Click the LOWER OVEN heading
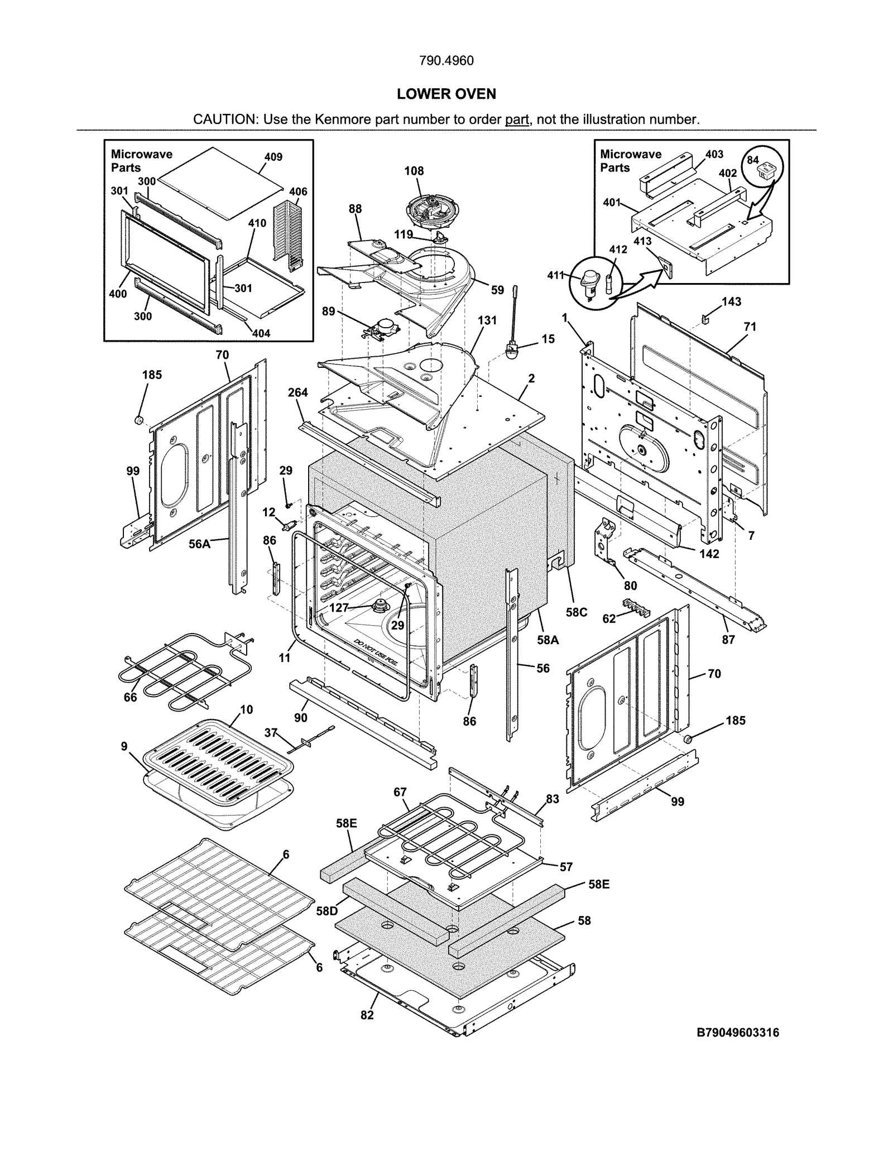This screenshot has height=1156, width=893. tap(446, 94)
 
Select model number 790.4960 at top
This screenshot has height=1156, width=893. tap(446, 60)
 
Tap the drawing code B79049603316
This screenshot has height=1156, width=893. tap(737, 1033)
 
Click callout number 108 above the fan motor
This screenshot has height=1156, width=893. tap(414, 171)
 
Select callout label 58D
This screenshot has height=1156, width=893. tap(327, 911)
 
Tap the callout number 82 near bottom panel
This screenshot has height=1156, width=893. tap(367, 1015)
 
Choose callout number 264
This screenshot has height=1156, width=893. tap(297, 392)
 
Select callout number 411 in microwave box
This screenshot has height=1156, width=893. tap(555, 275)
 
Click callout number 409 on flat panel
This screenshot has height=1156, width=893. tap(273, 157)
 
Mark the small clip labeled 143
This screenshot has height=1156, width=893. tap(705, 319)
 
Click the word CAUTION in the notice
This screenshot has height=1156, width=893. tap(224, 119)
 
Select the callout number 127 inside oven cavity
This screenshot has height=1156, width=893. tap(339, 608)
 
